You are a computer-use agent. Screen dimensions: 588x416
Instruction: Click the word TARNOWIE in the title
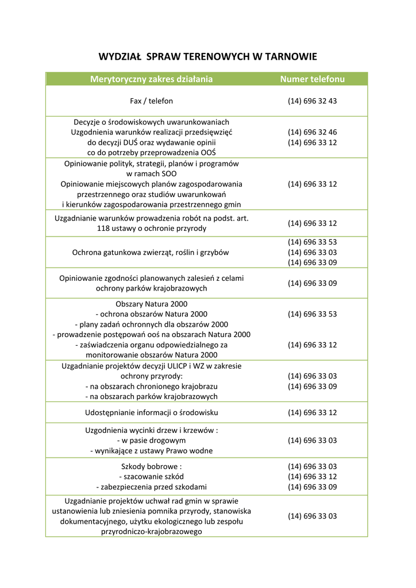pyautogui.click(x=289, y=56)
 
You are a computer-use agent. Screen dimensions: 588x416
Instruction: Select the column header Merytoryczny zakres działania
pyautogui.click(x=151, y=79)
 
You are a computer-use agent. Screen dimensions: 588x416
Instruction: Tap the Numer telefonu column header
pyautogui.click(x=312, y=79)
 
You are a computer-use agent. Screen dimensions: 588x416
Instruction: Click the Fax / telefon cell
pyautogui.click(x=151, y=101)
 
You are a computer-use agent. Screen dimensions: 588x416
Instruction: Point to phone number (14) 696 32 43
pyautogui.click(x=312, y=101)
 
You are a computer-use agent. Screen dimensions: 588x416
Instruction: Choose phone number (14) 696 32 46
pyautogui.click(x=312, y=132)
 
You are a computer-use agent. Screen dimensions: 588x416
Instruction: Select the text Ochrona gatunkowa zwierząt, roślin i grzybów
pyautogui.click(x=151, y=252)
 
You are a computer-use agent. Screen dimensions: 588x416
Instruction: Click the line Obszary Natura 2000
pyautogui.click(x=151, y=304)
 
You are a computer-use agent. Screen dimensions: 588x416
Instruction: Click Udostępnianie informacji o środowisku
pyautogui.click(x=151, y=412)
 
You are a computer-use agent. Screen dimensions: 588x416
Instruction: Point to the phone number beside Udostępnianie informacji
pyautogui.click(x=312, y=412)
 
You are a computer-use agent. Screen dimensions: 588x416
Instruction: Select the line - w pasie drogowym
pyautogui.click(x=151, y=440)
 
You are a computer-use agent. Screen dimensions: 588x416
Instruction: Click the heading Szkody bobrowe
pyautogui.click(x=151, y=466)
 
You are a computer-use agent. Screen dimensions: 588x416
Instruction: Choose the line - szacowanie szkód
pyautogui.click(x=151, y=477)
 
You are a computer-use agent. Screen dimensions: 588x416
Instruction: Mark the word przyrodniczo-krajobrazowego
pyautogui.click(x=151, y=532)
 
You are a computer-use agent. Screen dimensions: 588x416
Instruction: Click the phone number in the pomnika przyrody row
pyautogui.click(x=312, y=516)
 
